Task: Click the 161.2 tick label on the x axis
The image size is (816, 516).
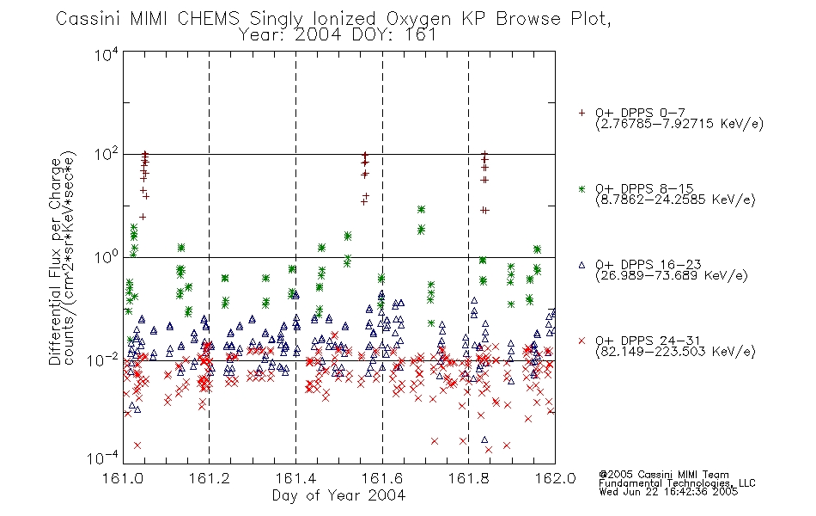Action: tap(210, 478)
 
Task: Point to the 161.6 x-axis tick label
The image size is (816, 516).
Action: tap(382, 478)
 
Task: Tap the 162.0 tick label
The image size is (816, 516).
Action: tap(555, 478)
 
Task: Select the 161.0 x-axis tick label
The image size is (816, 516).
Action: tap(123, 478)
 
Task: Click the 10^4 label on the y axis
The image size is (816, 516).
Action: tap(107, 54)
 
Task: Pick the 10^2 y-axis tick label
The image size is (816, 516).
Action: tap(107, 156)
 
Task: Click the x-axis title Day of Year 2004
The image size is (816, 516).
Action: tap(338, 495)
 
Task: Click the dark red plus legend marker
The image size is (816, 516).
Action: tap(582, 113)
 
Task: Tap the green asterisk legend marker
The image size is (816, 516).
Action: tap(582, 188)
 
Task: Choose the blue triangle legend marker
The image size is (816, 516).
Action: tap(582, 265)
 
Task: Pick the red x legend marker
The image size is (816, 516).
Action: tap(582, 341)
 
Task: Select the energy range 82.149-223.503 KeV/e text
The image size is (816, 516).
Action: tap(675, 352)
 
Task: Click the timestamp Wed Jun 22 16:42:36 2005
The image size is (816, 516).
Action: tap(668, 491)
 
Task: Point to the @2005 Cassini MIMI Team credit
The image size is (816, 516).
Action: tap(663, 475)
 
